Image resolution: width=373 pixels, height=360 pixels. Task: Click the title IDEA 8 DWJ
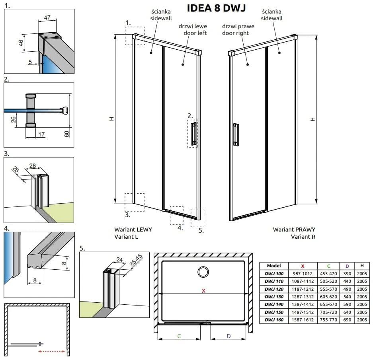click(216, 8)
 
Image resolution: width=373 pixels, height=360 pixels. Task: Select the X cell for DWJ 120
click(303, 289)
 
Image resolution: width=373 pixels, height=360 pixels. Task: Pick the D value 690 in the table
click(347, 320)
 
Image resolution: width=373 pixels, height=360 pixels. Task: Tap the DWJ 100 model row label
click(274, 274)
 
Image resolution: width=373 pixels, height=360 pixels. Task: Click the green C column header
click(328, 266)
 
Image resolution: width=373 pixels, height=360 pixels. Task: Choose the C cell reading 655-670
click(328, 304)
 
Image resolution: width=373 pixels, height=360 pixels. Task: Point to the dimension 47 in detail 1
click(47, 18)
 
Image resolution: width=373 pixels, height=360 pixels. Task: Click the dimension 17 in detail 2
click(41, 134)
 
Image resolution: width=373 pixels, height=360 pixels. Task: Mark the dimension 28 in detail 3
click(33, 165)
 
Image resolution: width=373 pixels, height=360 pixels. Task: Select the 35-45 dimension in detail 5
click(136, 260)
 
